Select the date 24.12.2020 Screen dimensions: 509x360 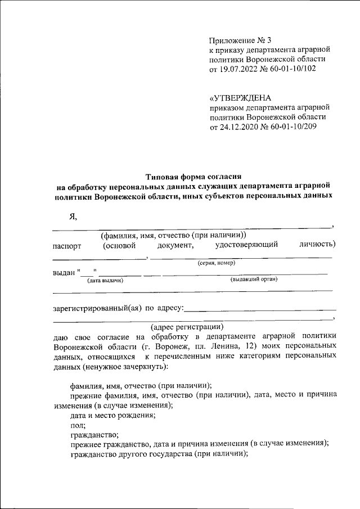point(236,127)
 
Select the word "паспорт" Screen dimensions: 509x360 point(67,245)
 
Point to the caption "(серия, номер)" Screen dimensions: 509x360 point(216,263)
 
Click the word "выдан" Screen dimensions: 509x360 point(63,273)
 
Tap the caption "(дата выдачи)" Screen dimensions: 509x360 point(105,280)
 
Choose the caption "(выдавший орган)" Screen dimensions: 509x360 point(255,280)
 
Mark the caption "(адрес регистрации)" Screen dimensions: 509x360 point(187,327)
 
